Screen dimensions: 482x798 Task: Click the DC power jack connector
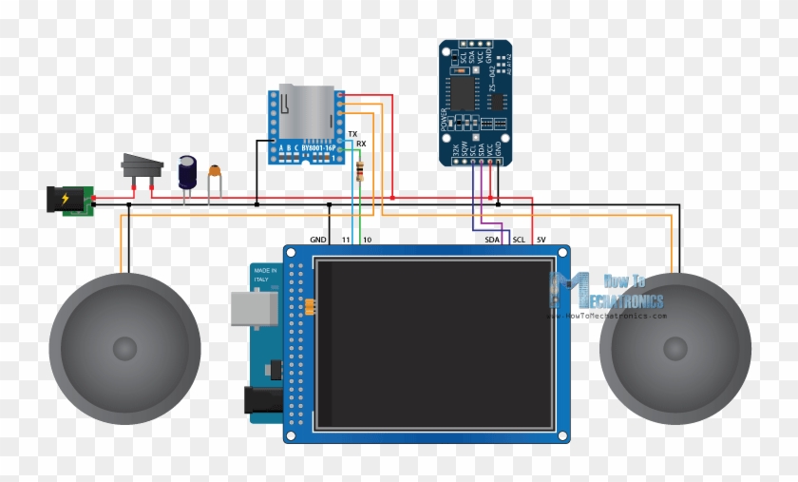coord(65,201)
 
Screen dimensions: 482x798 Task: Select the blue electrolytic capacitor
coord(187,172)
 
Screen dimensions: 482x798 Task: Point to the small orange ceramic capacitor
coord(216,172)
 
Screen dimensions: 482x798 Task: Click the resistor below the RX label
coord(359,172)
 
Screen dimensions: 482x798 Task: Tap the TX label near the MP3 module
coord(352,134)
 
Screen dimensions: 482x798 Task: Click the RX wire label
coord(361,145)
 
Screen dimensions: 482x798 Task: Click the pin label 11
coord(347,239)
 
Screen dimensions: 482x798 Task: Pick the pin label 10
coord(367,239)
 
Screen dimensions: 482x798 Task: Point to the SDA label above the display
coord(492,240)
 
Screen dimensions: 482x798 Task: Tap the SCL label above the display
coord(519,240)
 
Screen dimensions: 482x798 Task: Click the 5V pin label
coord(541,240)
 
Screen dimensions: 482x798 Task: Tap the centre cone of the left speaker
coord(124,349)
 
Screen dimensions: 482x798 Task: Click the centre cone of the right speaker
coord(675,349)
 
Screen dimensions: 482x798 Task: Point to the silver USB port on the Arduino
coord(253,308)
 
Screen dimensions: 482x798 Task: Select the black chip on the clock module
coord(462,92)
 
